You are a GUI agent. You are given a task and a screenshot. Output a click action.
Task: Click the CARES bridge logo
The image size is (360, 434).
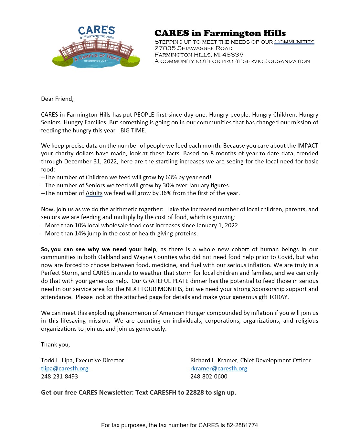tap(96, 47)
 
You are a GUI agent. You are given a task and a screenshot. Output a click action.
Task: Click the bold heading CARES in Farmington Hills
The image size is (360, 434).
tap(220, 33)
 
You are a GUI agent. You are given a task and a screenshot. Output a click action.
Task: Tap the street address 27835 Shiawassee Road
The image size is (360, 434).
tap(193, 48)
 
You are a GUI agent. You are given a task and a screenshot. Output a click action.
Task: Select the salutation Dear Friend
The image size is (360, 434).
tap(57, 99)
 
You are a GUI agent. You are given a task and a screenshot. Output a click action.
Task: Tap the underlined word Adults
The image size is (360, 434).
tap(94, 193)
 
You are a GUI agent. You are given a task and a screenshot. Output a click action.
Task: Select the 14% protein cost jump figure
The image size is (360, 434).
tap(80, 233)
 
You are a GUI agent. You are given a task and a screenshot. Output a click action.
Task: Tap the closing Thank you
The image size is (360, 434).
tap(55, 345)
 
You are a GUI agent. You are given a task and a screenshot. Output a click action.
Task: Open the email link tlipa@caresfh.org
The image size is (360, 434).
tap(65, 368)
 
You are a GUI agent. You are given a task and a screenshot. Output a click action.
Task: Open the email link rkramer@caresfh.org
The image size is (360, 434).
tap(219, 368)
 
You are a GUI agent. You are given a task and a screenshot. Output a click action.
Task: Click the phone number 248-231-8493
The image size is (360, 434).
tap(59, 377)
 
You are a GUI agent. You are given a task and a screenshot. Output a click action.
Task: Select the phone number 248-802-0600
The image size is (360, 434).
tap(209, 377)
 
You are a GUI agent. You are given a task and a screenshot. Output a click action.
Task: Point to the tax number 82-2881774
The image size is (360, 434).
tap(242, 425)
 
